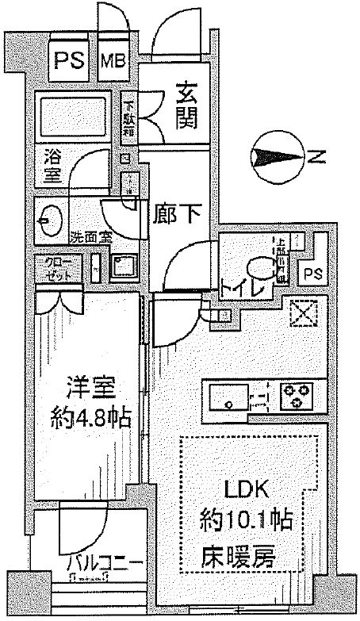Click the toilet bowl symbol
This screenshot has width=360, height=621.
(x=259, y=267)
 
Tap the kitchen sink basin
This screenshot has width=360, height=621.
(x=228, y=396)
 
